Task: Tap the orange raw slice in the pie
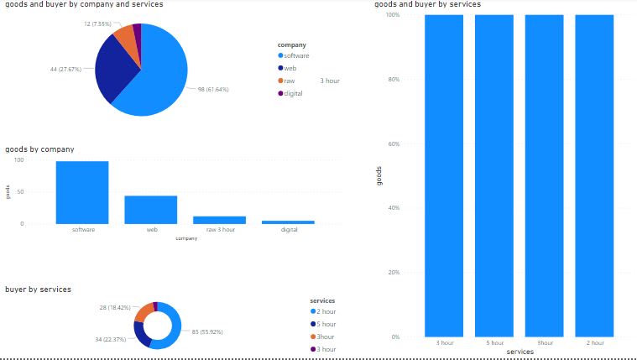pyautogui.click(x=125, y=37)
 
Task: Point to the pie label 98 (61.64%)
pyautogui.click(x=213, y=89)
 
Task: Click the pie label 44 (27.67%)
pyautogui.click(x=65, y=69)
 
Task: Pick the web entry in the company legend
pyautogui.click(x=290, y=68)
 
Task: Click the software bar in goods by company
pyautogui.click(x=82, y=192)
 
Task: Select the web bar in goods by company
pyautogui.click(x=151, y=210)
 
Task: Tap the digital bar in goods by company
pyautogui.click(x=288, y=222)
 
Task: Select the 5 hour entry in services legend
pyautogui.click(x=326, y=324)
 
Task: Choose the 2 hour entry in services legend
pyautogui.click(x=326, y=311)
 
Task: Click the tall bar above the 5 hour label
pyautogui.click(x=493, y=176)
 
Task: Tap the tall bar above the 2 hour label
pyautogui.click(x=594, y=176)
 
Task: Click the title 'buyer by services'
pyautogui.click(x=38, y=290)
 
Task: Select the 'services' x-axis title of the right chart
pyautogui.click(x=520, y=352)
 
